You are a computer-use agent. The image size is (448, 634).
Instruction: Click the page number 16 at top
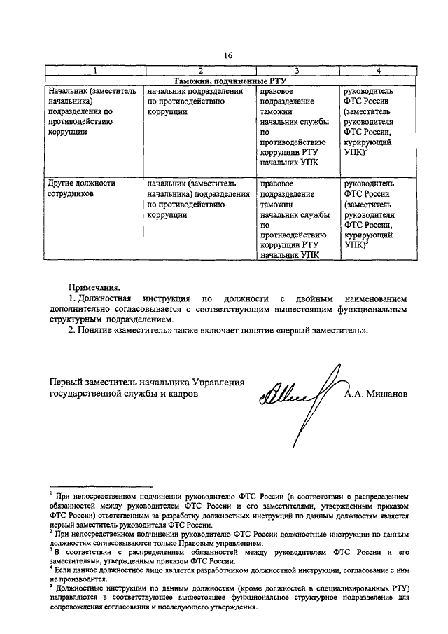tap(228, 55)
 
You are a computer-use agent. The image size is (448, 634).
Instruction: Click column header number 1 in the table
tap(95, 71)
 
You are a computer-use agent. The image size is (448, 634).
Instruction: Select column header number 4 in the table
tap(378, 71)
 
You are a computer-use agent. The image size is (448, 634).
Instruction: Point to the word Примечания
tap(94, 287)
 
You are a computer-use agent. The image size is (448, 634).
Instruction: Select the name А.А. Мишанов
tap(376, 394)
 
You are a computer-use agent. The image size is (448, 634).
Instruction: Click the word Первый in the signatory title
tap(67, 382)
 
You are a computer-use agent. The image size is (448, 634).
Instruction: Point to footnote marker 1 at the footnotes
tap(51, 495)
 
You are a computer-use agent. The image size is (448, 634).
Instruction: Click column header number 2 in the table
tap(200, 71)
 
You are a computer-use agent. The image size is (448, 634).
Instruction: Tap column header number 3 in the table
tap(298, 71)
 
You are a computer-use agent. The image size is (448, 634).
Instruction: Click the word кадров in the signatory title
tap(182, 394)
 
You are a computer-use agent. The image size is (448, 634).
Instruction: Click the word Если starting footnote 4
tap(65, 571)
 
